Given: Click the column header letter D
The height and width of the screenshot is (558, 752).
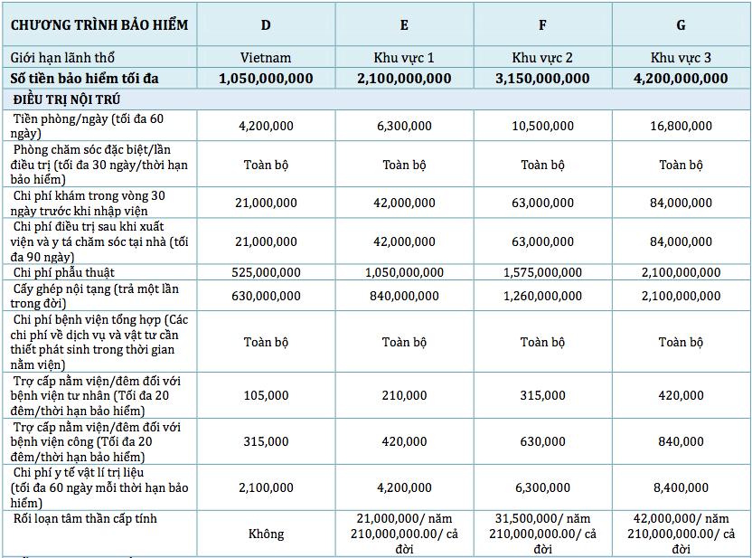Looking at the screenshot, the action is [x=266, y=25].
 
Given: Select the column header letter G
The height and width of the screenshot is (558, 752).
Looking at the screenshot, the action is [x=681, y=25].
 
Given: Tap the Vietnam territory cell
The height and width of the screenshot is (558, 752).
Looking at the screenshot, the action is [x=266, y=58].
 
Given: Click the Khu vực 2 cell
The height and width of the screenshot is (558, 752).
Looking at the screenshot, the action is [x=542, y=58].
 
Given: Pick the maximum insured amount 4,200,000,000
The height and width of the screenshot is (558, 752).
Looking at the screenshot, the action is [x=681, y=78].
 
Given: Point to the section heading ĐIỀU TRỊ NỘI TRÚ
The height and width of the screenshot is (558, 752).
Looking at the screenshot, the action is [x=67, y=99].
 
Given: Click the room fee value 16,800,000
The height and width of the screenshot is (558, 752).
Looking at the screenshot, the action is [x=681, y=126].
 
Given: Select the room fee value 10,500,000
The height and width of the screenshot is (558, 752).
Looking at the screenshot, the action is [x=542, y=126].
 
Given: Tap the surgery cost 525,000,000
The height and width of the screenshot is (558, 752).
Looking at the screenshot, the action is [x=266, y=272].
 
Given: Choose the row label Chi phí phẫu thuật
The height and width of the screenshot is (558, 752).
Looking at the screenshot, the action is [x=64, y=272].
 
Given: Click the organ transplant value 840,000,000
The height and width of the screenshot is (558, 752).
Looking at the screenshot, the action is [x=404, y=296].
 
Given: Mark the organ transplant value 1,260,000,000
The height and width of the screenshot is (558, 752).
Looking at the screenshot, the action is [x=542, y=296].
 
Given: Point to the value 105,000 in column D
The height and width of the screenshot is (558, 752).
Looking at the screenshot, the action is [x=266, y=395].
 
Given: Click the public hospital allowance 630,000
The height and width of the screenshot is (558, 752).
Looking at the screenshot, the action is [x=542, y=441].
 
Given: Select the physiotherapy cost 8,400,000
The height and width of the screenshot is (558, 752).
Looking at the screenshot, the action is [x=681, y=487].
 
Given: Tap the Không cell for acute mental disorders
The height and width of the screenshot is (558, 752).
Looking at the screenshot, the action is [x=266, y=534].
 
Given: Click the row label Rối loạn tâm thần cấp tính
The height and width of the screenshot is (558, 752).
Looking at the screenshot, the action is [x=85, y=518].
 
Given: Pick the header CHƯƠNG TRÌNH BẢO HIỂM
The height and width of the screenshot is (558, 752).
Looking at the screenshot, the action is [x=99, y=25].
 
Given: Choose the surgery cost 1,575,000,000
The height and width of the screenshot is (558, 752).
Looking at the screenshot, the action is [x=542, y=272].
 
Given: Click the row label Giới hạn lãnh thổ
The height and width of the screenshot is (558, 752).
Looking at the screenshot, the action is [x=62, y=58].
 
